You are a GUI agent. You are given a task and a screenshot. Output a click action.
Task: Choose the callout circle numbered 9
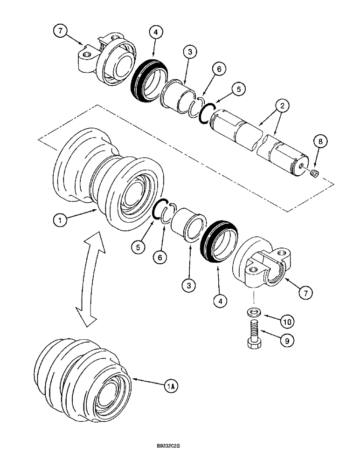pyautogui.click(x=284, y=341)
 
